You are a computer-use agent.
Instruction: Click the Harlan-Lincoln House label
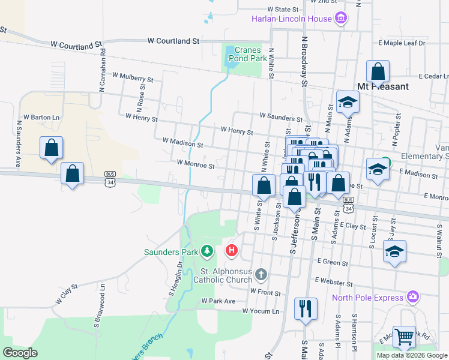(291, 19)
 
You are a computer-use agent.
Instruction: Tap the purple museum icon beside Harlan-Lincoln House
(341, 18)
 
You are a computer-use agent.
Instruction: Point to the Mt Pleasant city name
(382, 86)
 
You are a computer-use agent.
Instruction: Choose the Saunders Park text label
(171, 252)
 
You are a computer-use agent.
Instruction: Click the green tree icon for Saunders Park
(207, 250)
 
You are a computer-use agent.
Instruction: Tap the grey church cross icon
(261, 274)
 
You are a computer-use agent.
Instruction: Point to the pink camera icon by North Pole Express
(412, 296)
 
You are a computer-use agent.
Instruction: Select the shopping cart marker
(405, 337)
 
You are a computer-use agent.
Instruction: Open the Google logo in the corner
(20, 353)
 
